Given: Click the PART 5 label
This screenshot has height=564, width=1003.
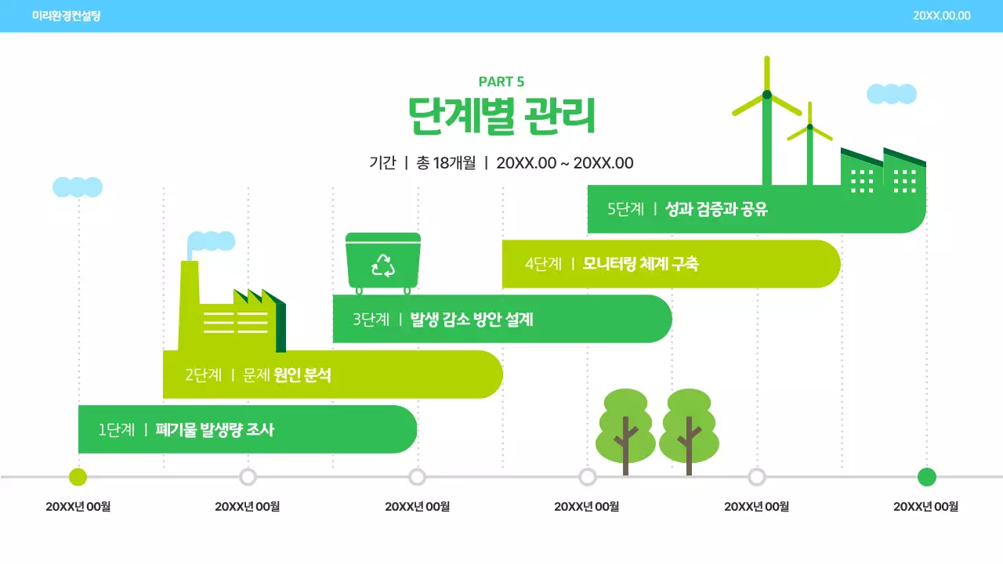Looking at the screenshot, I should click(501, 81).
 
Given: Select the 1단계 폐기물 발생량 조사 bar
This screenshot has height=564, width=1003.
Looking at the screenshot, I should click(247, 429).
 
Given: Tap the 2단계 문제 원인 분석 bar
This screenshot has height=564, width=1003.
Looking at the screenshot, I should click(332, 374).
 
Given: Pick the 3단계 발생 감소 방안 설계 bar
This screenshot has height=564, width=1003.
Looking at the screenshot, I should click(501, 319).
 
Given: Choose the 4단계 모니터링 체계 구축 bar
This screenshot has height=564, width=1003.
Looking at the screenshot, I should click(671, 264).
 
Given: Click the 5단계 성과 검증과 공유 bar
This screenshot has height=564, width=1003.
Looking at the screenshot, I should click(756, 209).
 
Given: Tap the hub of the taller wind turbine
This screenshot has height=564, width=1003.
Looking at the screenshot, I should click(767, 95).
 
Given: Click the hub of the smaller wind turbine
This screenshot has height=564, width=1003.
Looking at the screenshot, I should click(809, 127).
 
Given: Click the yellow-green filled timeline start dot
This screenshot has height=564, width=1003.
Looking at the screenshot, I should click(78, 476).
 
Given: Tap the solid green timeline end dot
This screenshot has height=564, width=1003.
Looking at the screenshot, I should click(926, 476).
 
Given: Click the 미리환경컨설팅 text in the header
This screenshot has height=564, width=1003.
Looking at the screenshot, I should click(67, 16).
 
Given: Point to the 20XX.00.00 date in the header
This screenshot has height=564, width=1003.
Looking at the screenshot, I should click(942, 16).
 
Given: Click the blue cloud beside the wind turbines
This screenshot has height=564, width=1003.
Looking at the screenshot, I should click(892, 94).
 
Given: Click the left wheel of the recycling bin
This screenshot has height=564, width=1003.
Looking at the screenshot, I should click(360, 291).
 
